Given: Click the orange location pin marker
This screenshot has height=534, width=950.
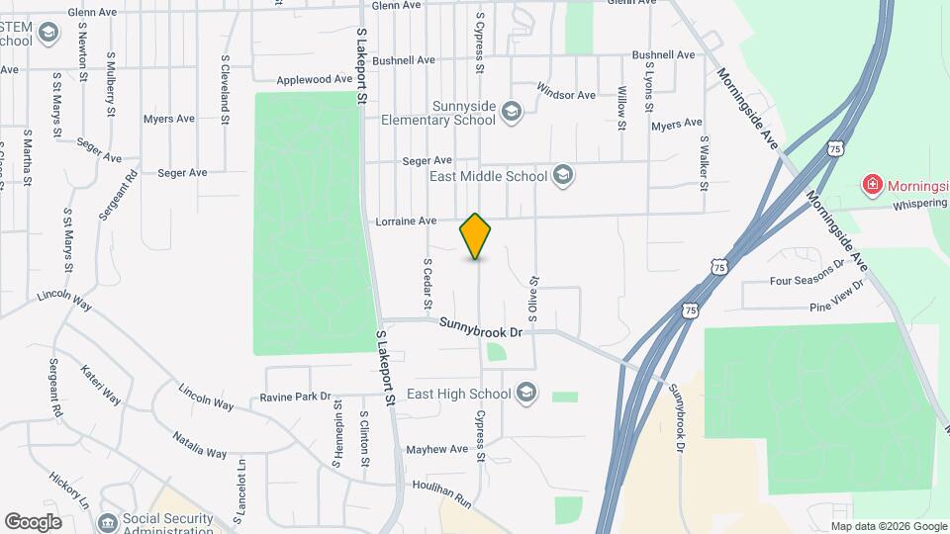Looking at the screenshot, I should click(476, 236).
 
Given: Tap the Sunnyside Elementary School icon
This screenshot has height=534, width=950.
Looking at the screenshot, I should click(511, 109).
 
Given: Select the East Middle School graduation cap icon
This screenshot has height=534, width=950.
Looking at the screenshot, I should click(562, 176).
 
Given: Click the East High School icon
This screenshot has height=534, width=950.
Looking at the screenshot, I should click(526, 394).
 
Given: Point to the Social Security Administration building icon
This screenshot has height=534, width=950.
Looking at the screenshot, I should click(108, 521).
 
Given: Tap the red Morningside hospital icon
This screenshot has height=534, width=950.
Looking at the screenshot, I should click(872, 184).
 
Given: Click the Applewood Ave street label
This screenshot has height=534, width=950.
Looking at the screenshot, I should click(315, 80).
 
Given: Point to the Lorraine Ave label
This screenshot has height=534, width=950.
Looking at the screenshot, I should click(406, 222).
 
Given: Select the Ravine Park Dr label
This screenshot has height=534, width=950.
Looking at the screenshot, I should click(295, 398).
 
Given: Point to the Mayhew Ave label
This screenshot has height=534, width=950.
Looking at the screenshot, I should click(436, 449).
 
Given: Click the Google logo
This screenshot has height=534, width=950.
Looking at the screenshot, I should click(33, 521).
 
